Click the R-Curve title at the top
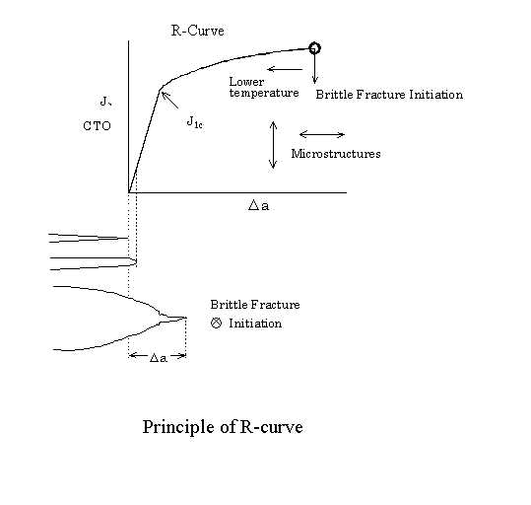click(x=197, y=31)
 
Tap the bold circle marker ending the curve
click(x=314, y=47)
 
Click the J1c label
click(x=195, y=122)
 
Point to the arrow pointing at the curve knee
click(x=171, y=101)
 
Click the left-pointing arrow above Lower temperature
click(x=284, y=69)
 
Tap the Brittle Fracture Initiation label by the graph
click(x=388, y=95)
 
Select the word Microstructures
click(x=336, y=154)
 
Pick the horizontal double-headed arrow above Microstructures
click(x=321, y=134)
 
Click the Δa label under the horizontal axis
click(x=260, y=206)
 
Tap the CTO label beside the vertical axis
click(x=98, y=126)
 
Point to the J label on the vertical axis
click(x=103, y=101)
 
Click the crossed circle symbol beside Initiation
click(x=216, y=324)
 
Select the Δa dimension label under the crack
click(x=158, y=358)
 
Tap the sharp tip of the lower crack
click(x=185, y=318)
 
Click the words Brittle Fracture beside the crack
click(x=255, y=305)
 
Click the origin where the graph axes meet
click(x=129, y=191)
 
